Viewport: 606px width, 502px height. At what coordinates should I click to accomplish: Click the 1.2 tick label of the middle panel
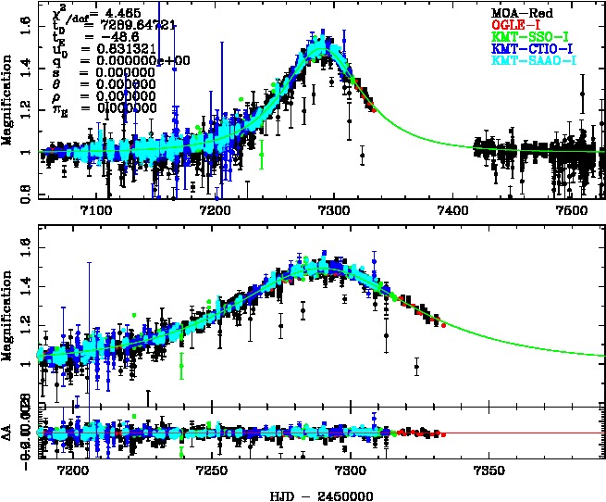(x=28, y=322)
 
